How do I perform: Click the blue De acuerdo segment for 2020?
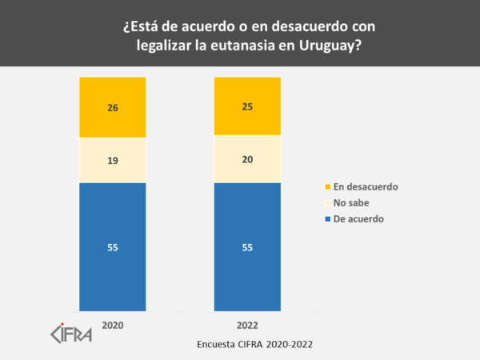112,264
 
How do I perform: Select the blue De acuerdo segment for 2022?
247,264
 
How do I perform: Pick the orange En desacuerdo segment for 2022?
247,96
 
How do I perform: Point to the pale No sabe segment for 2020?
112,172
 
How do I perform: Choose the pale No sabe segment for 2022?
247,171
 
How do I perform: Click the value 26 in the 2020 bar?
113,108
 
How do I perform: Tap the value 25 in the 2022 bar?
247,106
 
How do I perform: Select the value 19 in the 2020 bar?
113,160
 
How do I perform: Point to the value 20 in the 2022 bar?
247,159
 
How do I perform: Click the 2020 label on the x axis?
113,326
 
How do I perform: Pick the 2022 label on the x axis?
247,326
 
